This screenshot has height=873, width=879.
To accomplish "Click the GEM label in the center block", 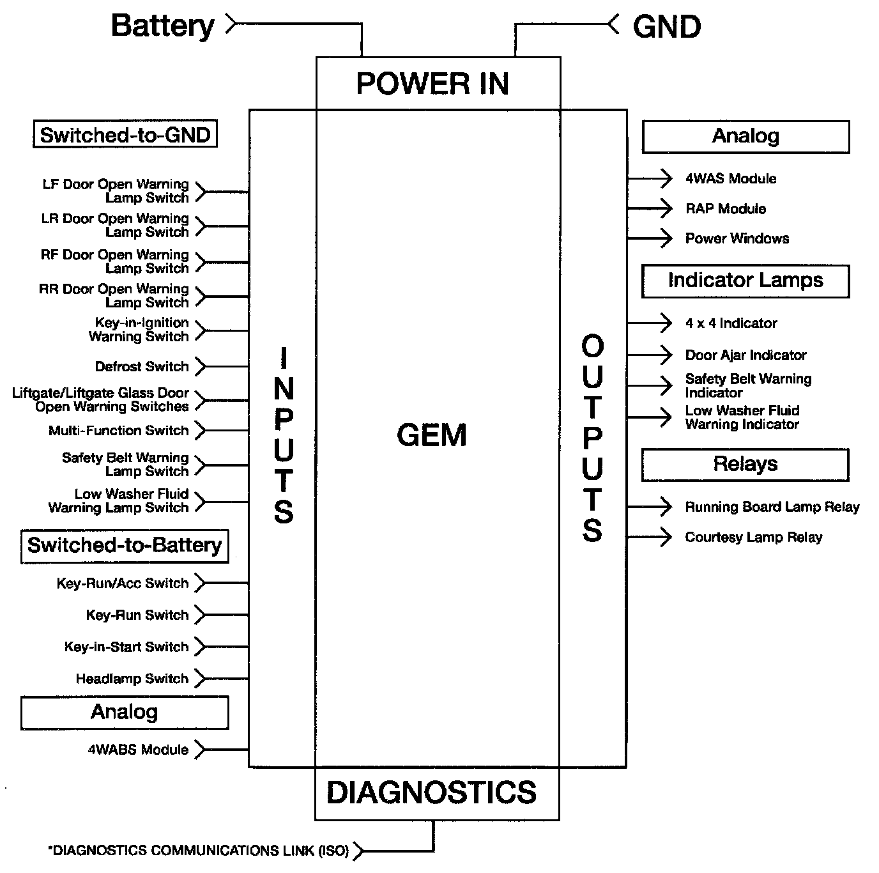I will tap(432, 435).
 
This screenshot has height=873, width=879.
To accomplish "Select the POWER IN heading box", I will tap(432, 84).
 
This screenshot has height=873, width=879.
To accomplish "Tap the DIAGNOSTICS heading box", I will tap(432, 792).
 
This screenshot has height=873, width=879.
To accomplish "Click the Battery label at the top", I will tap(162, 26).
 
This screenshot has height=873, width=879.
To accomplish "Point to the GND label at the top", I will tap(666, 27).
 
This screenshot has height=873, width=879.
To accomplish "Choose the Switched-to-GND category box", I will tap(125, 135).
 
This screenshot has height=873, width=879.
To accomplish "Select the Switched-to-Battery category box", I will tap(125, 545).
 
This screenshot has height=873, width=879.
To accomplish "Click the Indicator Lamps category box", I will tap(745, 281).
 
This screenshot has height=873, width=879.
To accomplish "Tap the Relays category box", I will tap(745, 464).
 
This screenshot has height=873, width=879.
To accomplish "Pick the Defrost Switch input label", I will tap(142, 367).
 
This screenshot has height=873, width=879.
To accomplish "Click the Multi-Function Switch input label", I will tap(119, 431).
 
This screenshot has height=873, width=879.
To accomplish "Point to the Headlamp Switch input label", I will tap(132, 679).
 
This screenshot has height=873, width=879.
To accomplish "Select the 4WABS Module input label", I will tap(138, 750).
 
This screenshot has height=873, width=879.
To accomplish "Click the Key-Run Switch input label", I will tap(137, 615).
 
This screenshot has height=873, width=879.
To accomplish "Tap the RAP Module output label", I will tap(726, 209).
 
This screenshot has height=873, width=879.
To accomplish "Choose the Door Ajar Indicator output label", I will tap(745, 355).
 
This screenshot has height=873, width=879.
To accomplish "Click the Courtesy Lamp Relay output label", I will tap(754, 537).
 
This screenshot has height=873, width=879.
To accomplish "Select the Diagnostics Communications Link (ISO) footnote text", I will tap(199, 851).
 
